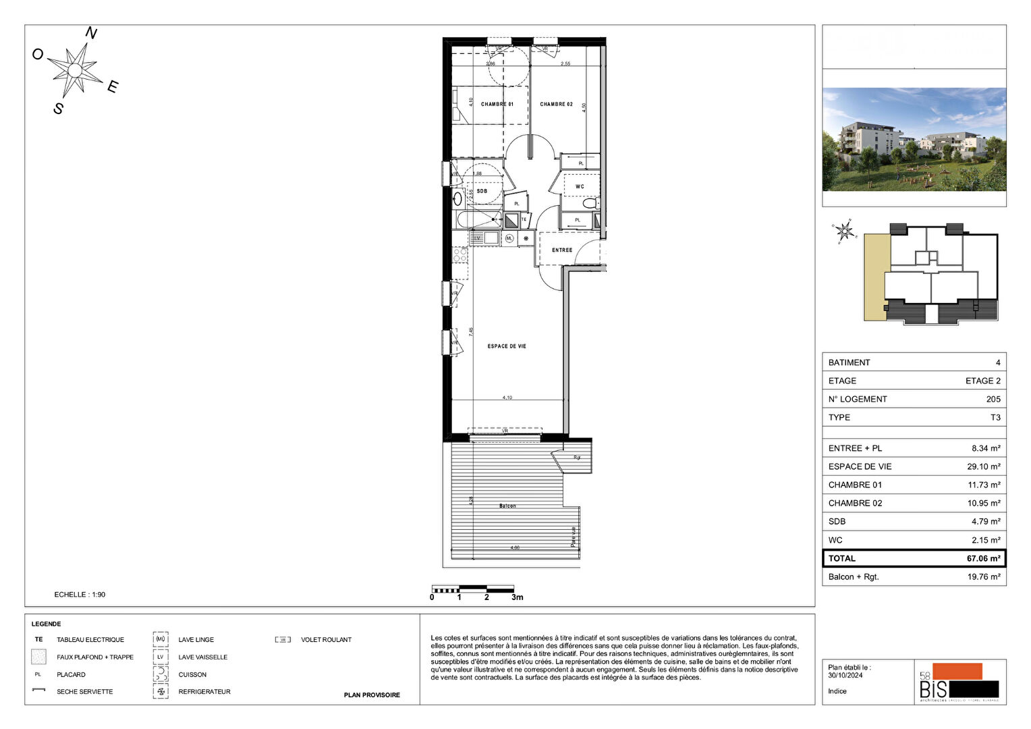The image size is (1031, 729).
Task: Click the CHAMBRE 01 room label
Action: [x=497, y=104]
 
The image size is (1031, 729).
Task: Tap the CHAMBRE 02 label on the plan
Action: [x=556, y=104]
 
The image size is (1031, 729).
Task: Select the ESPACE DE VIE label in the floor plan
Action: [x=507, y=346]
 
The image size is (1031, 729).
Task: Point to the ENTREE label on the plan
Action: [x=562, y=250]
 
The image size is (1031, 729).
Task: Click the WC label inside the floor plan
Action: [x=580, y=186]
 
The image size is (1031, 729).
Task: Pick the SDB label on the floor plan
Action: [x=482, y=191]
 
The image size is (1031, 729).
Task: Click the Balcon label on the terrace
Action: [x=507, y=506]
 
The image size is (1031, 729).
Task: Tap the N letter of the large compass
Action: [x=91, y=33]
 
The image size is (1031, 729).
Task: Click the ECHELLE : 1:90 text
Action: [x=80, y=595]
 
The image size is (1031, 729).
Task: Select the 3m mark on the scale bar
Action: [x=517, y=597]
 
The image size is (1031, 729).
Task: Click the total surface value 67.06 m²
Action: [x=983, y=558]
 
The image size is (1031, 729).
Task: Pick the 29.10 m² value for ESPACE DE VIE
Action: [x=983, y=466]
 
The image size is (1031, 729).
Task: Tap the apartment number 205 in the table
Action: [x=993, y=399]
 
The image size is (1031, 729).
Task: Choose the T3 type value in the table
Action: [x=995, y=417]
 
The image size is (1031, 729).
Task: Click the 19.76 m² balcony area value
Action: [x=983, y=576]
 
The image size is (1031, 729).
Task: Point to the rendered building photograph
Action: [x=914, y=139]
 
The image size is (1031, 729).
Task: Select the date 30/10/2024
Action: [x=845, y=675]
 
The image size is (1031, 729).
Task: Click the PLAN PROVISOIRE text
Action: [x=372, y=695]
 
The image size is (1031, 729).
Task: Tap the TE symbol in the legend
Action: [x=38, y=639]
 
